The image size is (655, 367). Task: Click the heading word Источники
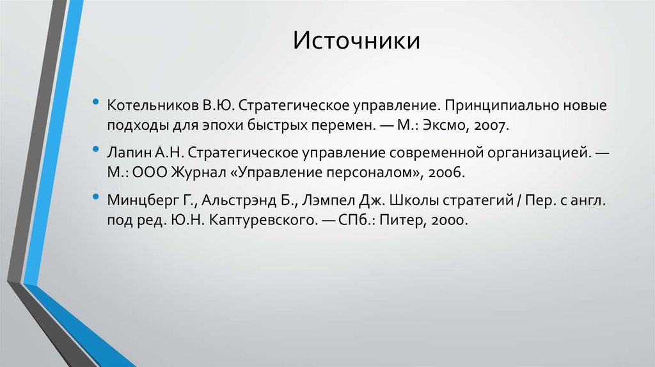(x=357, y=41)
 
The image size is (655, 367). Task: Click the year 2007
(x=491, y=125)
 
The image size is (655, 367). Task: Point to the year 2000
(x=450, y=222)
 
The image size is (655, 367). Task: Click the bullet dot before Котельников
(x=95, y=102)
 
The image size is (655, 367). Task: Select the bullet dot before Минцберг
(x=95, y=199)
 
